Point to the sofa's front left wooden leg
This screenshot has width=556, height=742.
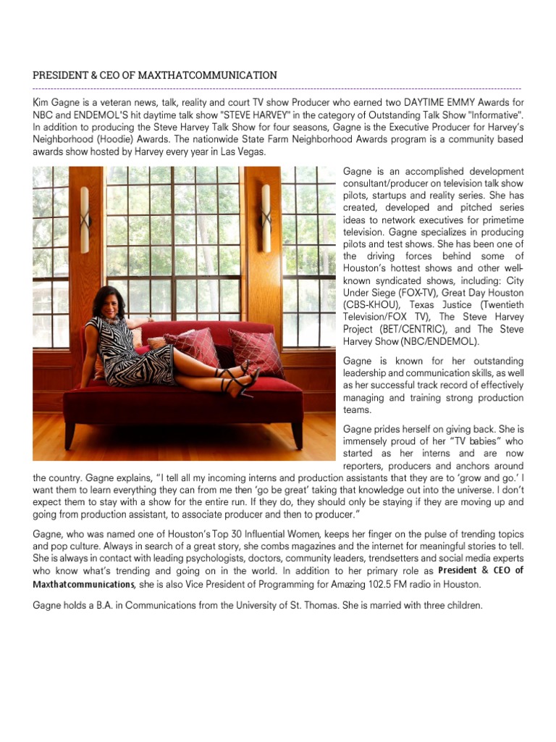pos(69,435)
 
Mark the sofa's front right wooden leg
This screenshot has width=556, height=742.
pos(297,435)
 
